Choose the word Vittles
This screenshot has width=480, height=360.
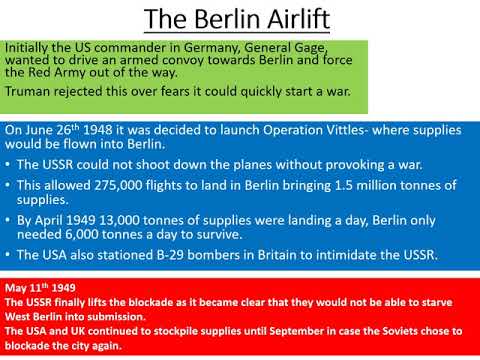[x=341, y=130]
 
